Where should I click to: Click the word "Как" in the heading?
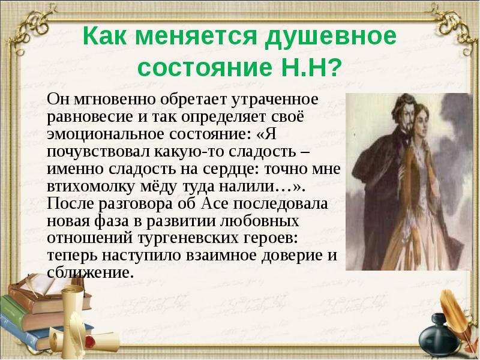click(x=106, y=37)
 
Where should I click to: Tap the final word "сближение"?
click(x=88, y=273)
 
